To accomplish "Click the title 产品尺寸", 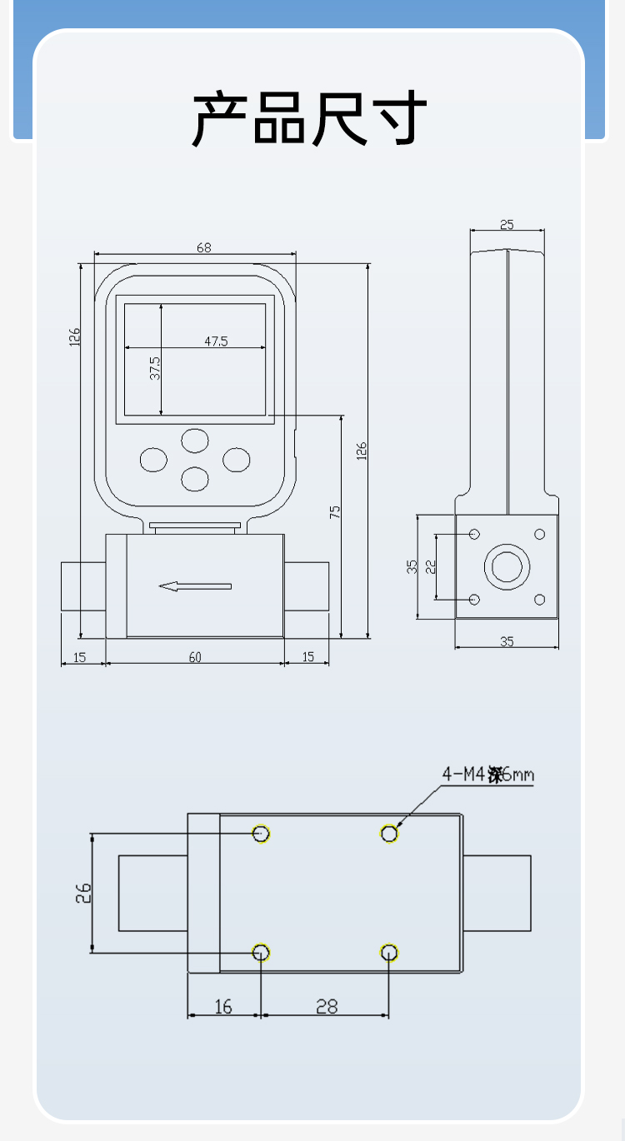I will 310,119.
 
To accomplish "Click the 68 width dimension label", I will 203,247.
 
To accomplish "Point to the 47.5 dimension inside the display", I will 216,341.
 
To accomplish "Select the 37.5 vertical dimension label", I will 155,367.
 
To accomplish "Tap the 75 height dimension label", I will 335,512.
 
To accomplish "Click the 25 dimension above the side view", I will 507,224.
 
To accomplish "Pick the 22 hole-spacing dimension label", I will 431,566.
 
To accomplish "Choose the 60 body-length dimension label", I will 195,657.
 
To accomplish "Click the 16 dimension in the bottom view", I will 223,1007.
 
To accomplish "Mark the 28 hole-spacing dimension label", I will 327,1007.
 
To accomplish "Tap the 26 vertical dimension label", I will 82,893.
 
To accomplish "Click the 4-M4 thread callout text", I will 487,775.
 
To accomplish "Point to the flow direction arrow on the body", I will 195,586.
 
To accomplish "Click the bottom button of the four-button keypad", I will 195,478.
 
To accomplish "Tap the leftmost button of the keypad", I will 153,459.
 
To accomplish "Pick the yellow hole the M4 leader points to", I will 389,833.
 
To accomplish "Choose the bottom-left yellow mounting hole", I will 261,952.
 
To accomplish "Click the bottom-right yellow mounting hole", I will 389,952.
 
